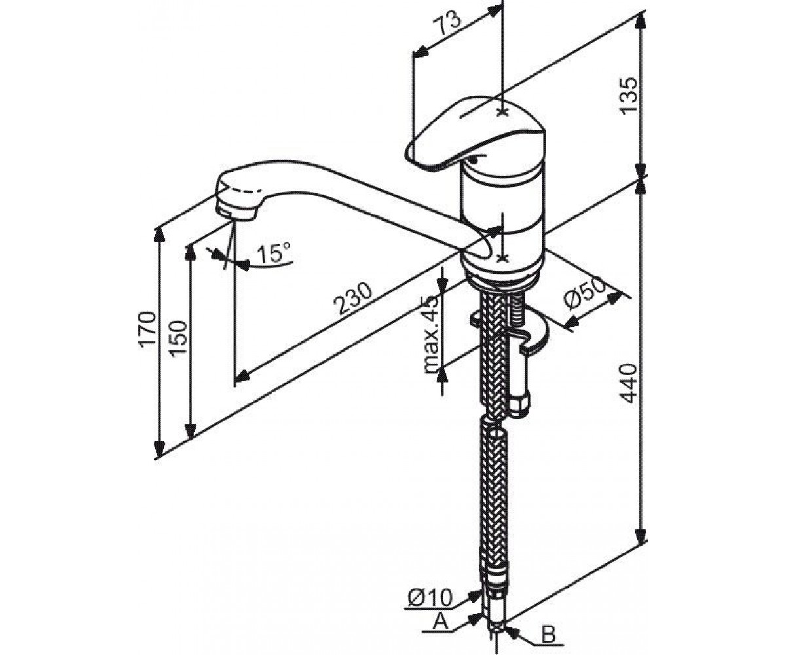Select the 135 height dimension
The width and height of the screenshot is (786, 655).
coord(629,95)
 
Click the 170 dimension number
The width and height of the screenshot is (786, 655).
coord(147,328)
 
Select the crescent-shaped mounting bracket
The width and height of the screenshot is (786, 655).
coord(527,333)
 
